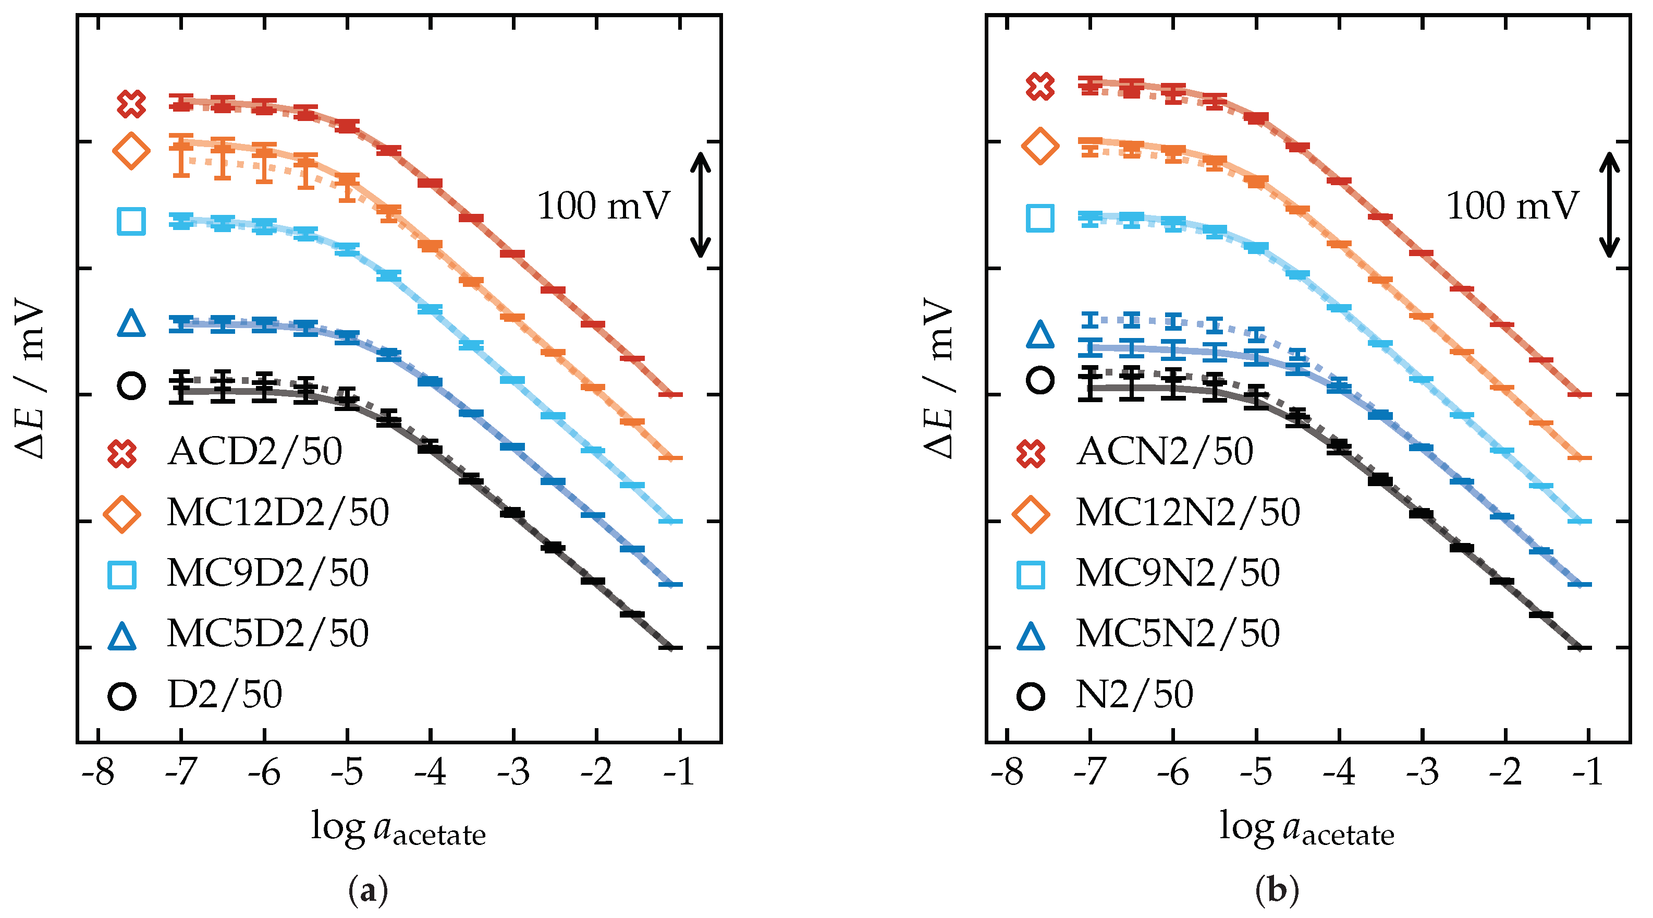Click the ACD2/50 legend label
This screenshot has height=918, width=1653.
coord(255,452)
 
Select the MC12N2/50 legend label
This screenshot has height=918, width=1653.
coord(1187,513)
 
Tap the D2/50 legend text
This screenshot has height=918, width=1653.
coord(225,695)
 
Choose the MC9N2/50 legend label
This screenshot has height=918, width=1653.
coord(1177,573)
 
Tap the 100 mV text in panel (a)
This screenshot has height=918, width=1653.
coord(603,207)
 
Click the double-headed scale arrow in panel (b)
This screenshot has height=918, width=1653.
coord(1608,204)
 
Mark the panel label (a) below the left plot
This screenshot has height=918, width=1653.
coord(368,892)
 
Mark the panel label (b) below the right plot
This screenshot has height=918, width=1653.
coord(1277,892)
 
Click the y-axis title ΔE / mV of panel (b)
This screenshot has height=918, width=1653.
coord(939,379)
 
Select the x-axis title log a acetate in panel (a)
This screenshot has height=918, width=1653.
coord(398,829)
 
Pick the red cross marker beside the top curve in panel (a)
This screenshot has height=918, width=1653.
coord(131,104)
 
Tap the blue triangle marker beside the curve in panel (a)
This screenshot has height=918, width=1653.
coord(131,323)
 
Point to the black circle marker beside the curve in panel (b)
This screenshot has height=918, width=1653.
coord(1039,380)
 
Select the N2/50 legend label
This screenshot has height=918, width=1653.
coord(1134,695)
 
